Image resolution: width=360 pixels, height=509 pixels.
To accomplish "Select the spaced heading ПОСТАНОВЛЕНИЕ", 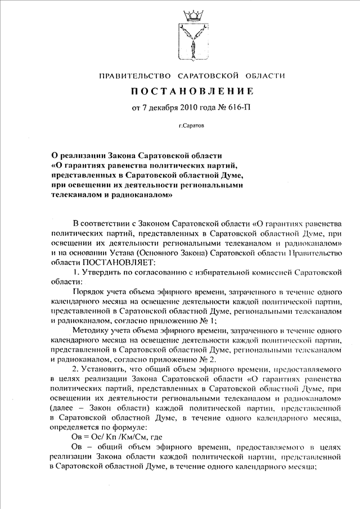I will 193,91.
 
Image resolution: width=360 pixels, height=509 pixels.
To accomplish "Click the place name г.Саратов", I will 192,127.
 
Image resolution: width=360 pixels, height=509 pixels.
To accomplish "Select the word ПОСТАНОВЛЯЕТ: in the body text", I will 119,262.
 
